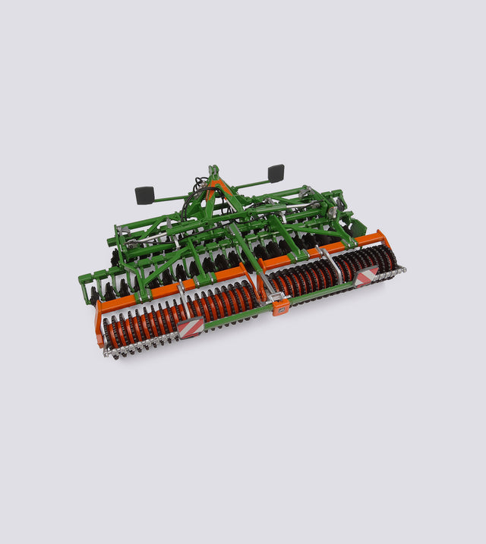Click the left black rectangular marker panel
coord(144,195)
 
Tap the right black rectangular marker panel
coord(276,172)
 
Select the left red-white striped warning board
coord(190,327)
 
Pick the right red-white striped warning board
coord(366,277)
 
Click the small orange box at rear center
coord(280,307)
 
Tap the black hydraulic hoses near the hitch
coord(199,190)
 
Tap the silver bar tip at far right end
coord(402,269)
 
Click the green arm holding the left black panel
coord(171,198)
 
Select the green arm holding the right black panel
coord(251,181)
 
